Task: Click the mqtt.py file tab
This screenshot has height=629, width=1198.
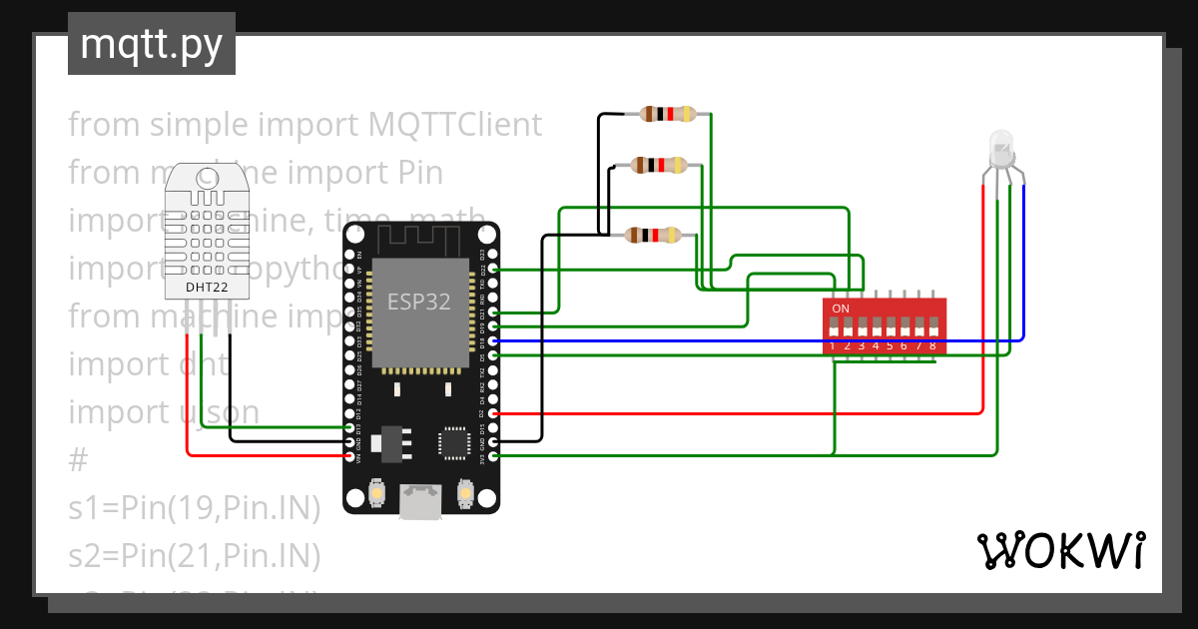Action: coord(152,44)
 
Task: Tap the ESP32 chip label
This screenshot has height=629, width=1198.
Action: coord(419,302)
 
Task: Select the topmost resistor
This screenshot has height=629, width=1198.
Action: coord(668,114)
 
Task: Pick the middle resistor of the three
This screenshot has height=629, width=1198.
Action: coord(661,165)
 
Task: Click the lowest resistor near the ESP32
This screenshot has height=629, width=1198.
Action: coord(652,236)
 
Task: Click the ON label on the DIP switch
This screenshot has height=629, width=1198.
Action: coord(841,309)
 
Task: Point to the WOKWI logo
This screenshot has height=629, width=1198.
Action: coord(1060,550)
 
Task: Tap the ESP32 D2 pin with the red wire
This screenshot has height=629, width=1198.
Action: coord(493,412)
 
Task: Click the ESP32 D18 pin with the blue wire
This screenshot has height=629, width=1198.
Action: coord(493,340)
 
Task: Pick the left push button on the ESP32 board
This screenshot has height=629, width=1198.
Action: coord(377,493)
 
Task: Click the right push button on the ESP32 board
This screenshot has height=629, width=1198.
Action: coord(464,493)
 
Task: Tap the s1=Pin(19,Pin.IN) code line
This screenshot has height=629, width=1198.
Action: coord(195,508)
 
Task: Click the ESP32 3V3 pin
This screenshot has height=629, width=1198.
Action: coord(493,455)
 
